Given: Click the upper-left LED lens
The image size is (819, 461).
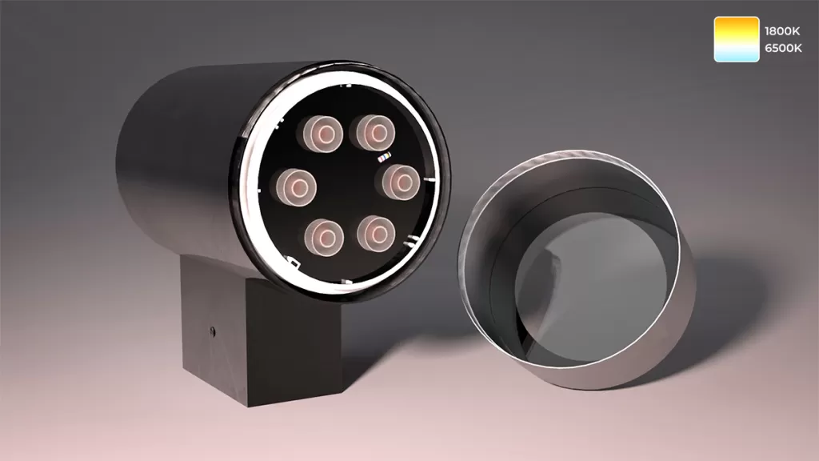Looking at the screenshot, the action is click(x=323, y=134).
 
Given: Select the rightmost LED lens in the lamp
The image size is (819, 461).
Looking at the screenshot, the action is click(x=401, y=182).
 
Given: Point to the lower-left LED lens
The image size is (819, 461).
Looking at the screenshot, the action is click(x=325, y=237).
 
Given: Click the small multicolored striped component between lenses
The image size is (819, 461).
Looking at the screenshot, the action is click(x=385, y=157).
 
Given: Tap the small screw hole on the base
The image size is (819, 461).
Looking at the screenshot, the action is click(x=212, y=331).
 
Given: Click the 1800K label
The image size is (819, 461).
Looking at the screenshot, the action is click(x=782, y=31).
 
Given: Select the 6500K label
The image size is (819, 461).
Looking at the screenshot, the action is click(x=783, y=48).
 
